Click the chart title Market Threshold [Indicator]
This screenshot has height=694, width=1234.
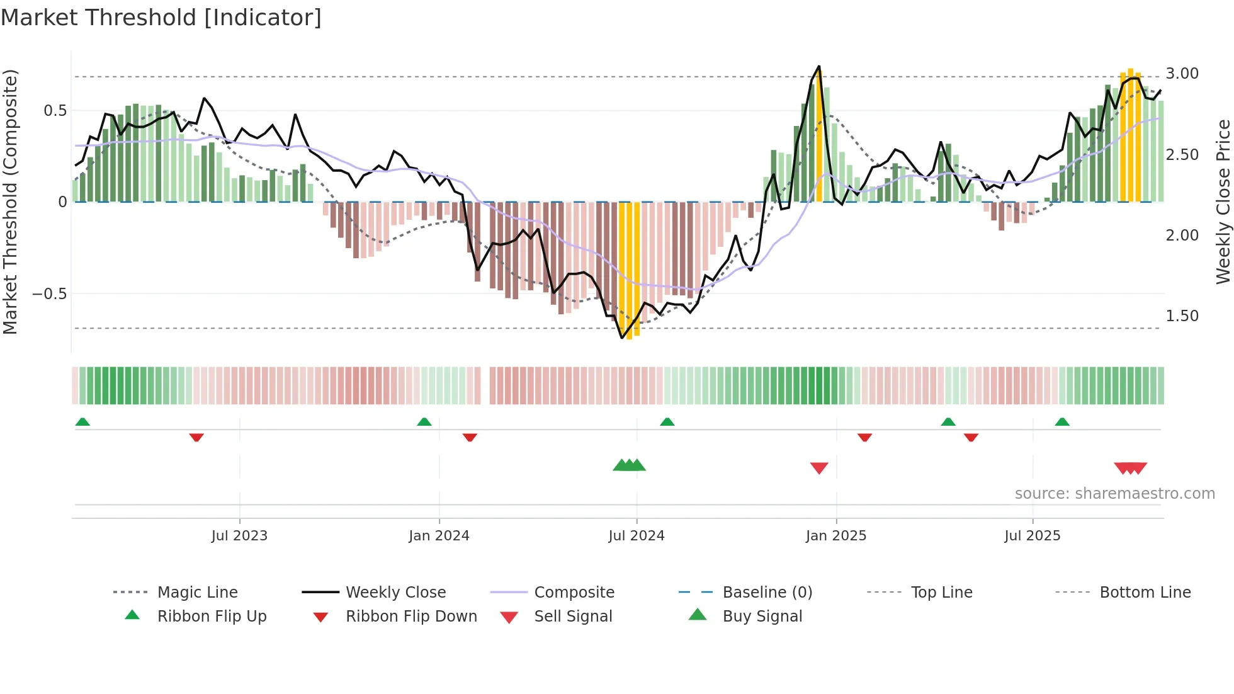click(161, 18)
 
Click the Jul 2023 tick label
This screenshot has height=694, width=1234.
click(239, 536)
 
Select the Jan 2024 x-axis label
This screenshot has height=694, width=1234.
click(439, 536)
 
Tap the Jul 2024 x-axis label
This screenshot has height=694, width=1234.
click(637, 536)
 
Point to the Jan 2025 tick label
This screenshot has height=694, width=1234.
click(836, 536)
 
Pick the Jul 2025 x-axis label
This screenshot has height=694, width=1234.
click(1033, 536)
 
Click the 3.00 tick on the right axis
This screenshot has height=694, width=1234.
click(1182, 74)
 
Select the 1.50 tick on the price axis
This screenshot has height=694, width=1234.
click(1182, 316)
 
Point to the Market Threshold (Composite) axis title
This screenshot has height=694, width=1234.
click(10, 202)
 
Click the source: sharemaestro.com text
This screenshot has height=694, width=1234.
click(1114, 494)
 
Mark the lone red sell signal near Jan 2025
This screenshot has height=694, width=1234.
click(819, 468)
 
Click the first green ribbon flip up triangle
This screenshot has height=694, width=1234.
click(82, 422)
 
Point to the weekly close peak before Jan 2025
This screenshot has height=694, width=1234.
click(818, 66)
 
